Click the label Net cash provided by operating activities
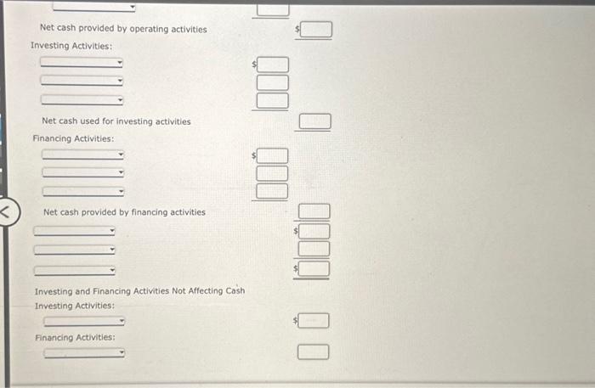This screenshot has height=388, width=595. pyautogui.click(x=123, y=29)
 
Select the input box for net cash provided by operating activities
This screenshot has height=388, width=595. pyautogui.click(x=314, y=31)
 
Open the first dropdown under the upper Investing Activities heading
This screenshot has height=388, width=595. pyautogui.click(x=82, y=63)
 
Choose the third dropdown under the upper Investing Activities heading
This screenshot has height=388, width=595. pyautogui.click(x=82, y=98)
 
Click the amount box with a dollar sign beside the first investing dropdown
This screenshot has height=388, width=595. pyautogui.click(x=273, y=65)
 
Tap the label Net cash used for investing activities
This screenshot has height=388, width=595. pyautogui.click(x=116, y=121)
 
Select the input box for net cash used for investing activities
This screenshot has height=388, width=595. pyautogui.click(x=314, y=122)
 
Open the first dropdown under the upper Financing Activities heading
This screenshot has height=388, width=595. pyautogui.click(x=82, y=155)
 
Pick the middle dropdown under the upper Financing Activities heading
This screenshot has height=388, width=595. pyautogui.click(x=82, y=172)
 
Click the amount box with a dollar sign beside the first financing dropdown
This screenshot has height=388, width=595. pyautogui.click(x=273, y=155)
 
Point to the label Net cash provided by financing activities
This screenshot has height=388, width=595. pyautogui.click(x=124, y=212)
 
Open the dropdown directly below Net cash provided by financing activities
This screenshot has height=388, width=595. pyautogui.click(x=74, y=231)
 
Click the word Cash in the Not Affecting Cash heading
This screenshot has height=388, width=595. pyautogui.click(x=235, y=290)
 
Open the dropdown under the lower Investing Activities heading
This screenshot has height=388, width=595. pyautogui.click(x=84, y=322)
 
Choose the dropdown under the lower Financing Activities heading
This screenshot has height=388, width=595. pyautogui.click(x=84, y=353)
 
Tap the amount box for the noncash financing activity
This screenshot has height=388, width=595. pyautogui.click(x=314, y=351)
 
